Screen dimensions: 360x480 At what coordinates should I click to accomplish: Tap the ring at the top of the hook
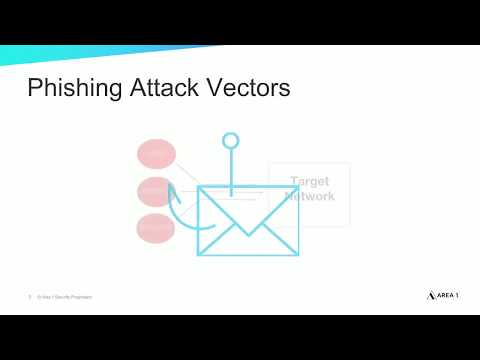pos(231,141)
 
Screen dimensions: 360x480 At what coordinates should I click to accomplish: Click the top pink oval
pos(156,154)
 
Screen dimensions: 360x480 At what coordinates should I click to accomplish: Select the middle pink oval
pos(155,191)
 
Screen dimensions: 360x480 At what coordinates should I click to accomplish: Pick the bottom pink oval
pos(155,228)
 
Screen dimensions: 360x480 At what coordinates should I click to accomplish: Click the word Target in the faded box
pos(309,182)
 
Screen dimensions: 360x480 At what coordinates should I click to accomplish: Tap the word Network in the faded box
pos(309,196)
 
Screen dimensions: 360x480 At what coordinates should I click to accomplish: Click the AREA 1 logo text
pos(443,296)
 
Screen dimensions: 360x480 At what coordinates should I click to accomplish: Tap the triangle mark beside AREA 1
pos(419,296)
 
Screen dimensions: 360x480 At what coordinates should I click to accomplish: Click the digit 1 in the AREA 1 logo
pos(457,296)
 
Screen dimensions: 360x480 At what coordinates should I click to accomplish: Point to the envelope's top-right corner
pos(297,187)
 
